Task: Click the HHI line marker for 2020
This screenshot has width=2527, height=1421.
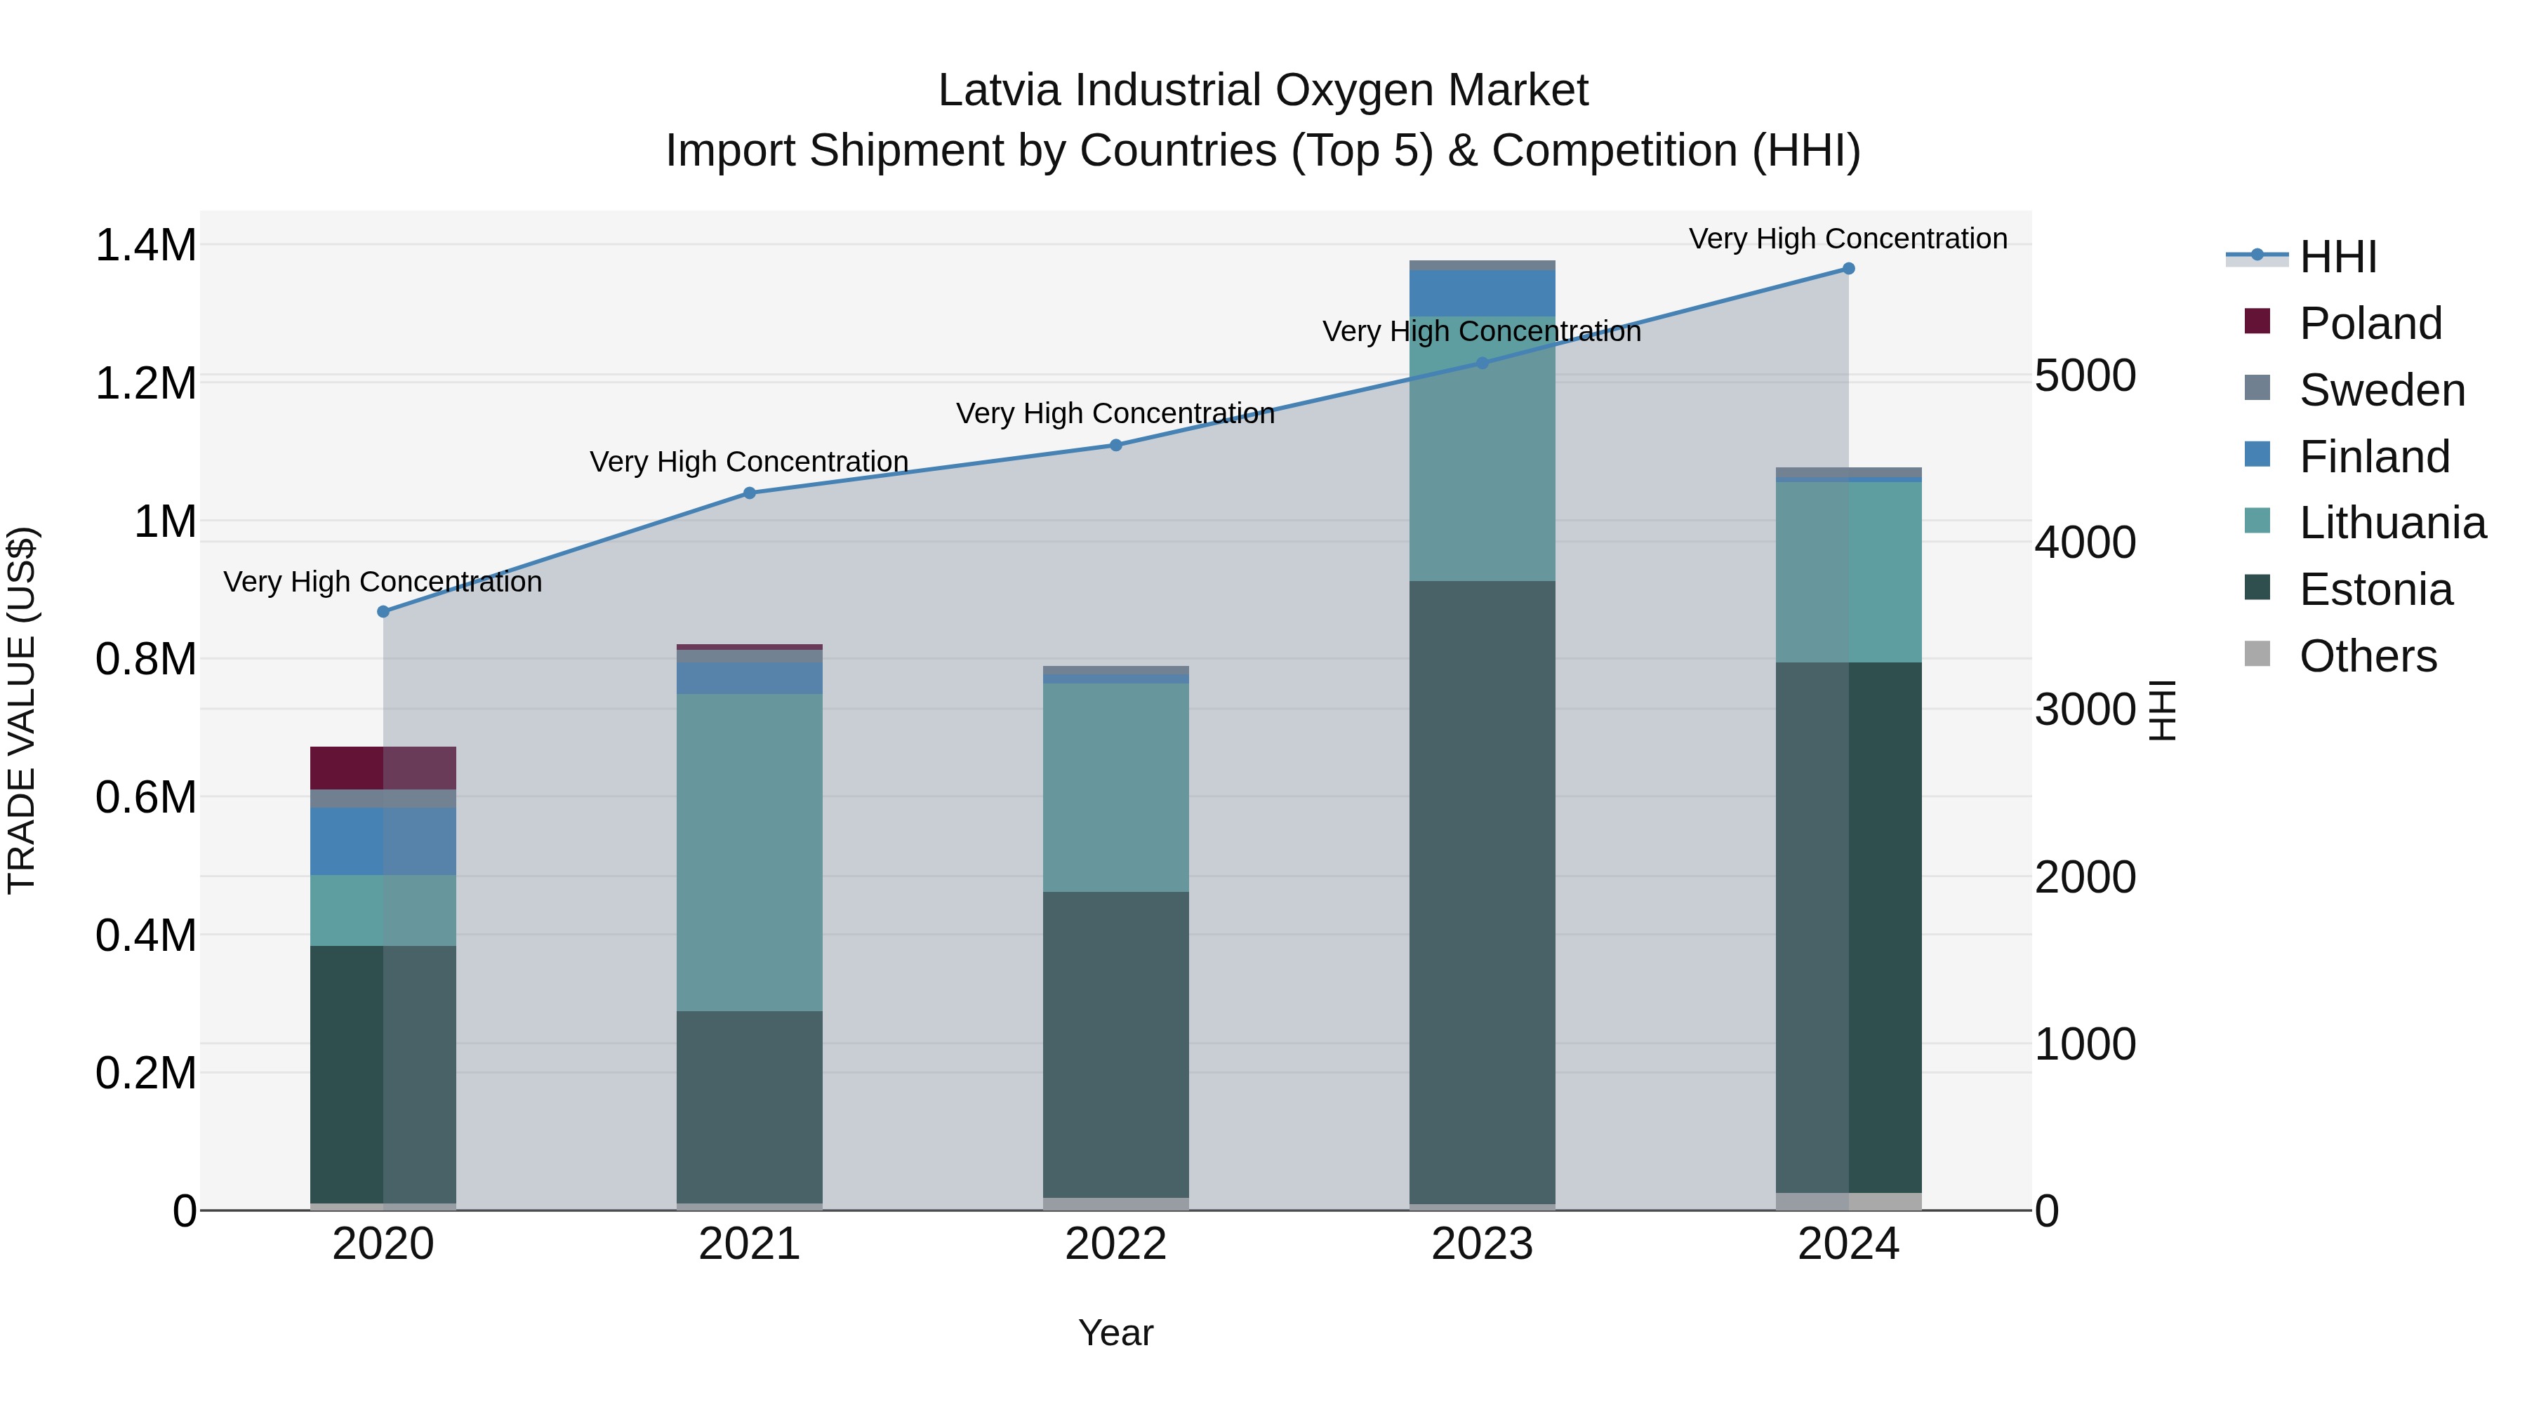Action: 383,612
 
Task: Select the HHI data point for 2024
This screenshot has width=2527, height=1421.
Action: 1848,269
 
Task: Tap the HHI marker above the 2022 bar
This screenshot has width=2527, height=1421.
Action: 1115,445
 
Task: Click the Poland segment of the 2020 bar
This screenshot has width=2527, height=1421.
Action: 383,768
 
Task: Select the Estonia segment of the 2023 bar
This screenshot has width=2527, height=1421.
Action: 1483,893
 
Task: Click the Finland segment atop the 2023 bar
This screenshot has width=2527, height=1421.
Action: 1483,292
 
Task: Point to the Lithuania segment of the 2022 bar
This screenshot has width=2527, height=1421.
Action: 1115,787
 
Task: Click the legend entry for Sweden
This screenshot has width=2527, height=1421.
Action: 2381,390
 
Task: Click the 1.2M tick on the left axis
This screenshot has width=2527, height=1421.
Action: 145,383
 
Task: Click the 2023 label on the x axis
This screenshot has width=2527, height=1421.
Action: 1483,1244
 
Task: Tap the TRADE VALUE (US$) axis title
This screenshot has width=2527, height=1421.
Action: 22,710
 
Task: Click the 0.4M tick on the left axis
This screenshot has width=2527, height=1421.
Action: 145,935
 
